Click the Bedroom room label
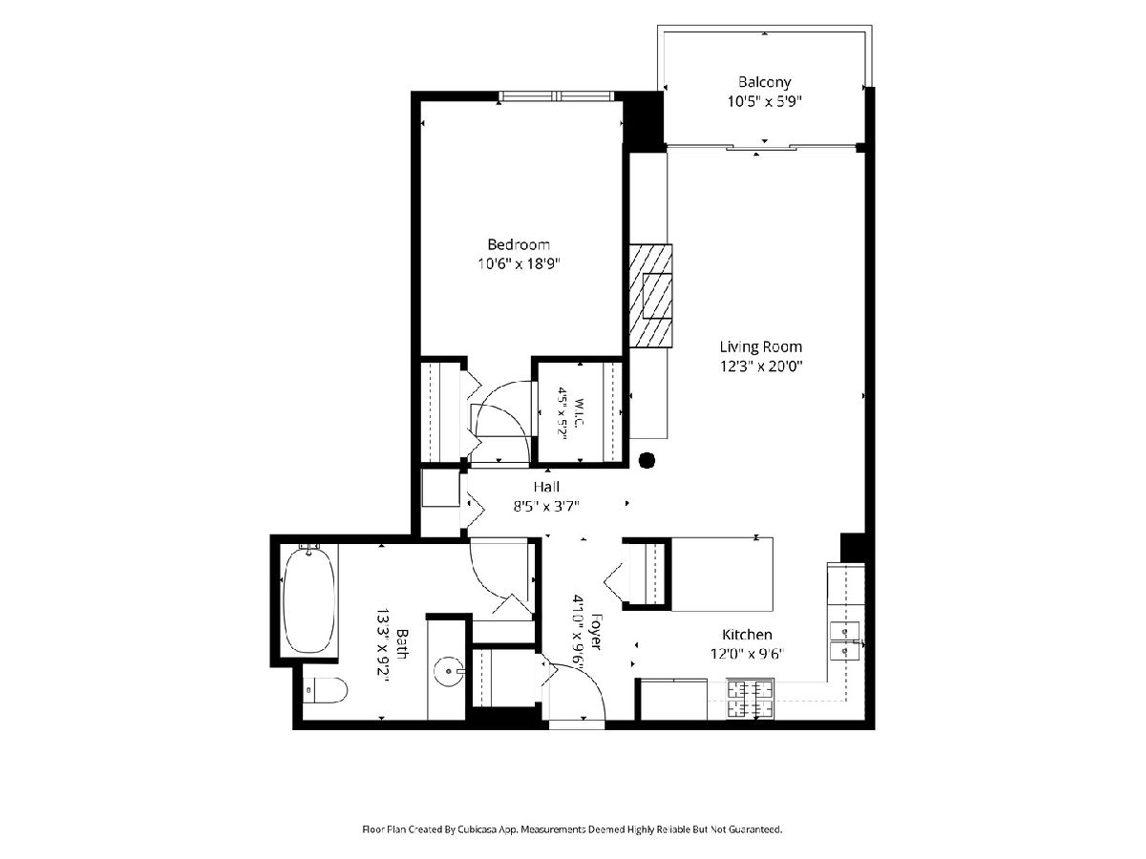point(519,244)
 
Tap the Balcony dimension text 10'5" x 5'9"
point(764,100)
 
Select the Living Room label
point(761,346)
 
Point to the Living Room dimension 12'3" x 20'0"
point(761,367)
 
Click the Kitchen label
point(747,635)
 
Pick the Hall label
point(546,487)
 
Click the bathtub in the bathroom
point(309,598)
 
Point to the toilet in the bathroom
point(325,690)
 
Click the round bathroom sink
point(448,672)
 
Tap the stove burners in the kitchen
point(751,699)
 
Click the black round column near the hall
point(647,460)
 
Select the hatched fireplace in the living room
point(650,296)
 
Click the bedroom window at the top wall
point(556,96)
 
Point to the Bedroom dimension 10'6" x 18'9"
point(519,264)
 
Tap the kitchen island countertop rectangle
point(722,575)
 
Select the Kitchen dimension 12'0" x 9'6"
point(747,654)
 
